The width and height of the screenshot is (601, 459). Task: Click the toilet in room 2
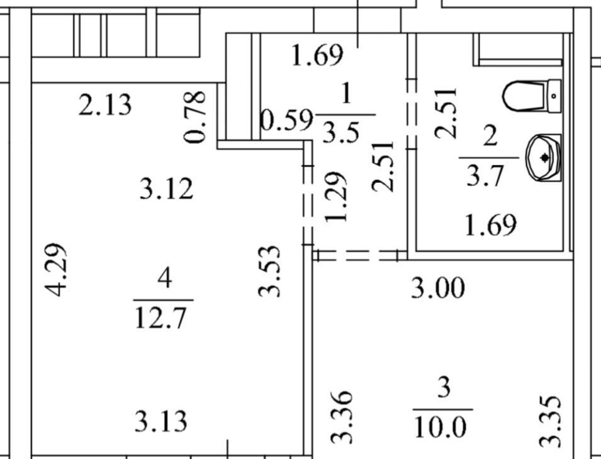tap(532, 96)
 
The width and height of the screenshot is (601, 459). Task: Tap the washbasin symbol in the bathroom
tap(544, 157)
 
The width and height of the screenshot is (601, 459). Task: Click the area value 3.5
tap(340, 131)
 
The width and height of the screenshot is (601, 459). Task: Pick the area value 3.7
tap(485, 175)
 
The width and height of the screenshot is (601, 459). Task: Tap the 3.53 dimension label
tap(269, 272)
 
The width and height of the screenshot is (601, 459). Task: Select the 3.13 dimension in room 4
tap(161, 421)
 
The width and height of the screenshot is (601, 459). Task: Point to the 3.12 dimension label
tap(166, 189)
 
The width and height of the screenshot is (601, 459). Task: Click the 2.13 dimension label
tap(105, 105)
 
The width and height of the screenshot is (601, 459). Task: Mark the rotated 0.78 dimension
tap(195, 117)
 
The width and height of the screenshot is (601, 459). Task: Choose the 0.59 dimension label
tap(286, 121)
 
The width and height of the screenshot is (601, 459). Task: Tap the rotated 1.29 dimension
tap(336, 197)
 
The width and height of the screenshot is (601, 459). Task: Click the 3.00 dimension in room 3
tap(438, 288)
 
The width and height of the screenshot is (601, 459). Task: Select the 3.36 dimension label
tap(342, 416)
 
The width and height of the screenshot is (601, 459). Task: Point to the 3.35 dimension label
tap(551, 421)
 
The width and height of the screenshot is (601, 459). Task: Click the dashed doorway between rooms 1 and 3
tap(360, 255)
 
